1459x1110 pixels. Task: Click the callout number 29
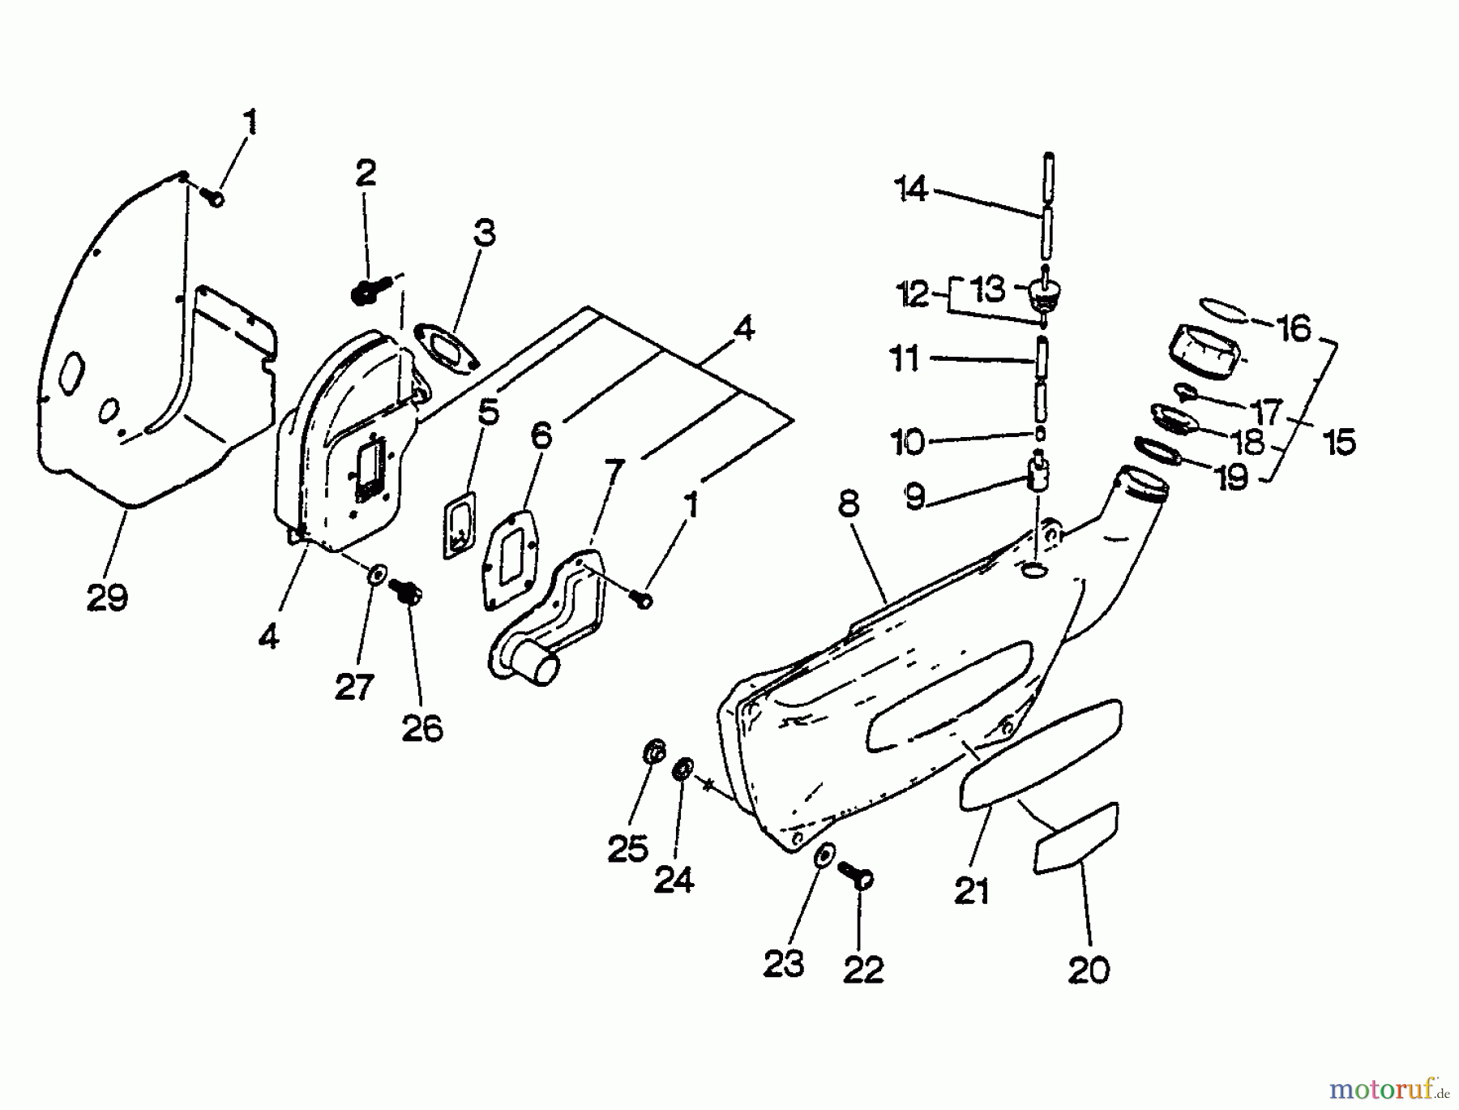pyautogui.click(x=107, y=598)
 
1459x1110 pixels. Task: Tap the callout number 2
pyautogui.click(x=366, y=173)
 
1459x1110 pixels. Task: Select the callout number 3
pyautogui.click(x=484, y=234)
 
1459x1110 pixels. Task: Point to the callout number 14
pyautogui.click(x=911, y=190)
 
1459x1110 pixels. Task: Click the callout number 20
pyautogui.click(x=1088, y=969)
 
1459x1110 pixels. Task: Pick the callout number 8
pyautogui.click(x=848, y=504)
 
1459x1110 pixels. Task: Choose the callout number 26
pyautogui.click(x=422, y=728)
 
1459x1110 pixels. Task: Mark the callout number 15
pyautogui.click(x=1339, y=442)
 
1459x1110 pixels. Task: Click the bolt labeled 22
pyautogui.click(x=861, y=877)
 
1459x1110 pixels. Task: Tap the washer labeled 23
pyautogui.click(x=824, y=855)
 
